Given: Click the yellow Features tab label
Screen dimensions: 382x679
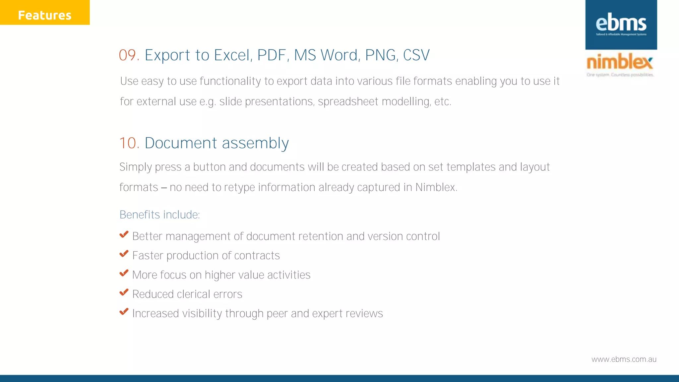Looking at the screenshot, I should [x=45, y=15].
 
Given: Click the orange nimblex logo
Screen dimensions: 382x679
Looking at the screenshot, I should [x=620, y=62].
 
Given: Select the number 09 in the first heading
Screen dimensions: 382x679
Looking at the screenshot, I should [x=127, y=55].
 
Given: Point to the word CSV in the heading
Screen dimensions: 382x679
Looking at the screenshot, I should [x=416, y=55].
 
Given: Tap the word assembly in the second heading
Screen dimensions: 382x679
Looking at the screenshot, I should [x=255, y=143].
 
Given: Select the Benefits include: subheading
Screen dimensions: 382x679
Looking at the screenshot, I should [x=159, y=215].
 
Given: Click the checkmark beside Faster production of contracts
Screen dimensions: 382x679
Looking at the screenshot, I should [x=124, y=254].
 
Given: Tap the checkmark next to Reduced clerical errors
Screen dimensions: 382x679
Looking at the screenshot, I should [x=124, y=292].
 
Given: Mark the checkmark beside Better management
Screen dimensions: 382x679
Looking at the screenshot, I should [x=124, y=234].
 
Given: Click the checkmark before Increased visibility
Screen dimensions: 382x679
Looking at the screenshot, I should [x=124, y=312].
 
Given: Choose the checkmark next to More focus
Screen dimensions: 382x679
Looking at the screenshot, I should [x=124, y=273].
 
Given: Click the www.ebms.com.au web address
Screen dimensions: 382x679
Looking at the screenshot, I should [x=624, y=359].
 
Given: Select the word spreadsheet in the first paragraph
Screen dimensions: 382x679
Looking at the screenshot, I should [x=348, y=101].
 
